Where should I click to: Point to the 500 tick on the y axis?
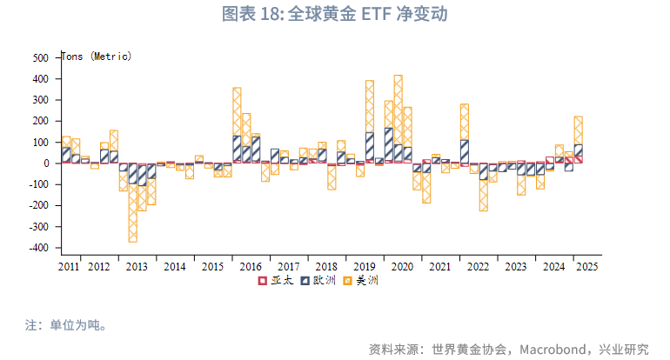[41, 57]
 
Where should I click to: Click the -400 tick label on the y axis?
[37, 248]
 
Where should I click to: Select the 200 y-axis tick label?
[41, 121]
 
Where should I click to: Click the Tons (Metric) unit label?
[97, 57]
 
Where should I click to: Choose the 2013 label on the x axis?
[137, 266]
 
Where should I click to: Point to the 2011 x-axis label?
[70, 266]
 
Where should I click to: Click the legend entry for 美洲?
[361, 281]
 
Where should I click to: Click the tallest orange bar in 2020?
[399, 104]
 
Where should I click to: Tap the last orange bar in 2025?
[579, 130]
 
